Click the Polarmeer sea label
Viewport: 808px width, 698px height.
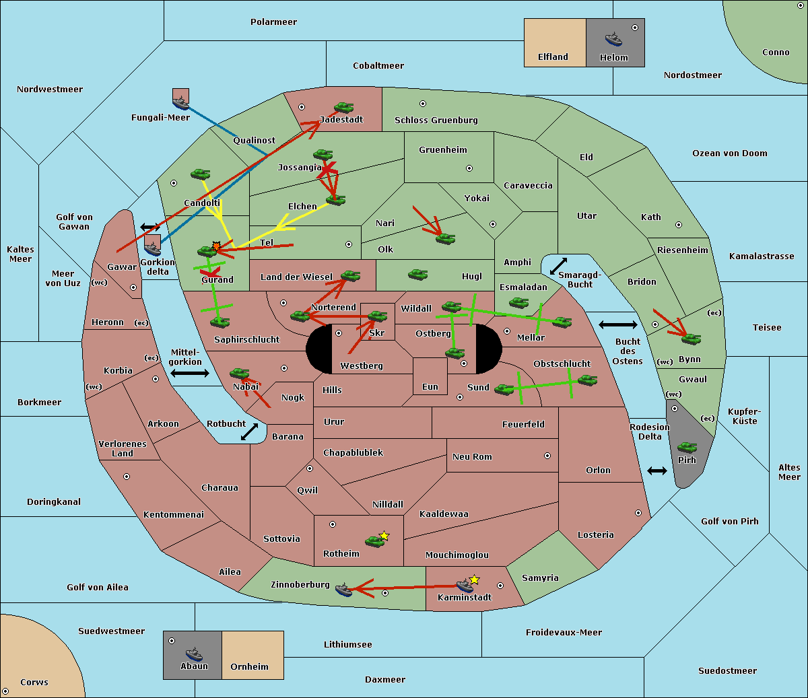(273, 22)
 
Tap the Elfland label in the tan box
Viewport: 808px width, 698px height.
(553, 57)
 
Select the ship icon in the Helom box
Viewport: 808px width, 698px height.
(613, 39)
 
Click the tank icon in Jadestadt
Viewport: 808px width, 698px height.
(343, 108)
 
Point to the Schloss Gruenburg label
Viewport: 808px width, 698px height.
(436, 120)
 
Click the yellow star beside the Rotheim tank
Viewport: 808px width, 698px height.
(384, 536)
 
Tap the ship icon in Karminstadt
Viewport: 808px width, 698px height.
(464, 586)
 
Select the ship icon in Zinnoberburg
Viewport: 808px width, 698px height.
(343, 590)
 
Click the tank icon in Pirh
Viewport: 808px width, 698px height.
(687, 448)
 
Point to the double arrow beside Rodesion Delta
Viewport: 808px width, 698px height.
(657, 470)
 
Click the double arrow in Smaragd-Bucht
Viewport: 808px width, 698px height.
(558, 266)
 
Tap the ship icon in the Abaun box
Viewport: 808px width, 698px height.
(194, 654)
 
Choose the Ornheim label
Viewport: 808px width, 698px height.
(249, 667)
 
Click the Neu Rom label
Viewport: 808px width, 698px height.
(472, 457)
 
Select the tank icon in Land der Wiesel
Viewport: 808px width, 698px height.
(350, 275)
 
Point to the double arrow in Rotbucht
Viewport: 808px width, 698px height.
(249, 431)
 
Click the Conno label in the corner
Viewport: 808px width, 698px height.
(776, 53)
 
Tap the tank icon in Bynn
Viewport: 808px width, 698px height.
(691, 339)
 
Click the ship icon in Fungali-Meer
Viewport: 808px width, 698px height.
(180, 103)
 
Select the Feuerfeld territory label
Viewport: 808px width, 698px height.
(523, 425)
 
